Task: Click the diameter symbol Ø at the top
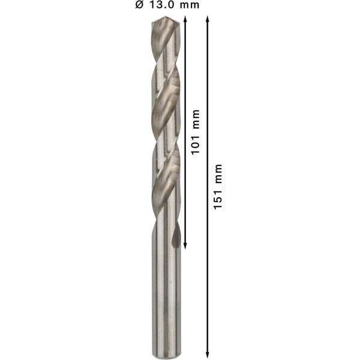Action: [x=139, y=5]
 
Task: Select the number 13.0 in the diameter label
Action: [x=160, y=5]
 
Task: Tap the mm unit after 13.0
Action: [x=189, y=5]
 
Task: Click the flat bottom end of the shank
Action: [x=163, y=350]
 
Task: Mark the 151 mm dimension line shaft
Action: [x=208, y=270]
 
